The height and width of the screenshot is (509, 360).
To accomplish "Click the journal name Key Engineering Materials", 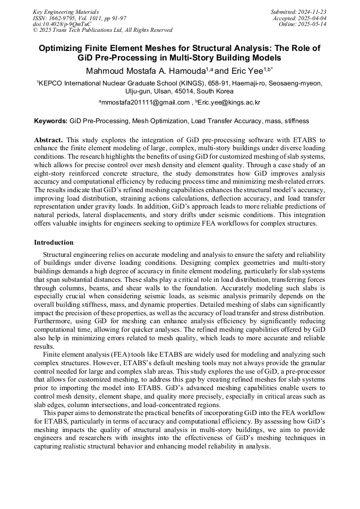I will point(65,11).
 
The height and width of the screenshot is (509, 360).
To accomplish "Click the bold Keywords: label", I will point(50,121).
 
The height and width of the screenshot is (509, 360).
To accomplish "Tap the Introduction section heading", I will point(54,242).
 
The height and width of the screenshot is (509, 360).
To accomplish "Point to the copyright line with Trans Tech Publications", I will point(102,30).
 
